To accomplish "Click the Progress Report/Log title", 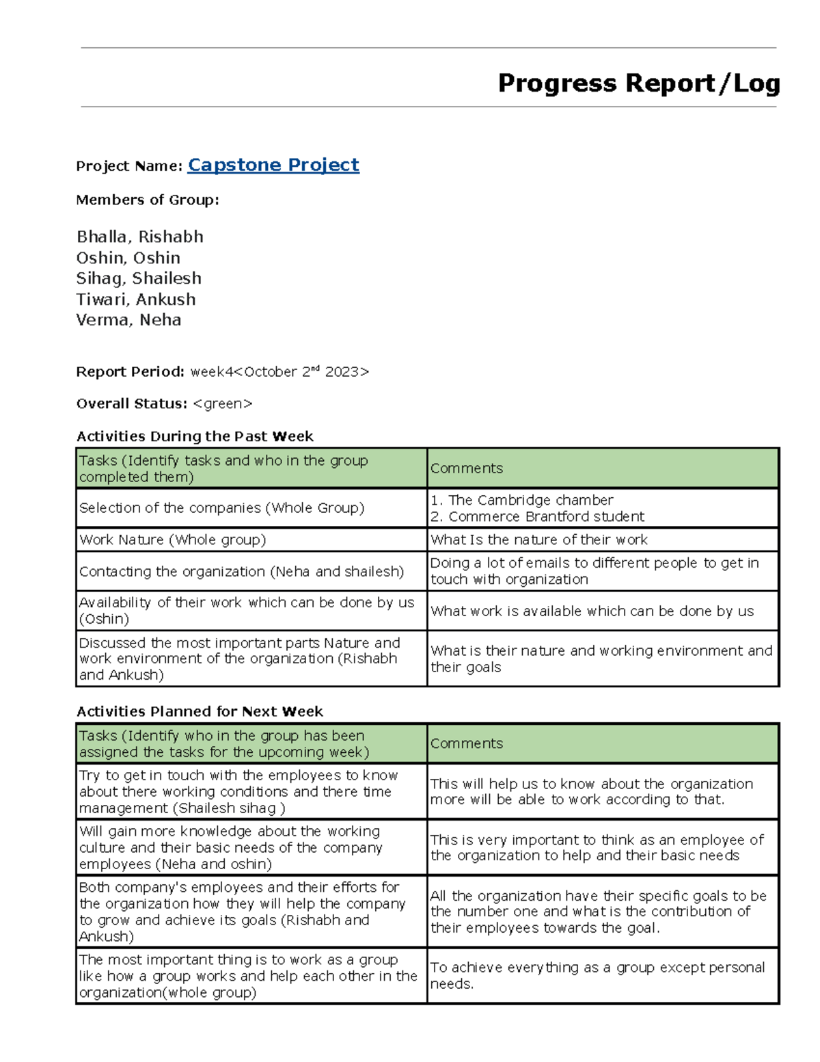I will pyautogui.click(x=639, y=83).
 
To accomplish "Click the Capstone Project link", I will pyautogui.click(x=273, y=165).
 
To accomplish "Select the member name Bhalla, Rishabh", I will pyautogui.click(x=140, y=237).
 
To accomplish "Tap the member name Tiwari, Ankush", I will pyautogui.click(x=136, y=299).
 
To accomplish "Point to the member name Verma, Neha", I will pyautogui.click(x=128, y=319).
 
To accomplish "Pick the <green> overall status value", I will pyautogui.click(x=223, y=403).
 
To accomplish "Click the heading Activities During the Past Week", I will pyautogui.click(x=195, y=436).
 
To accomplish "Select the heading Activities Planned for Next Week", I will pyautogui.click(x=200, y=711).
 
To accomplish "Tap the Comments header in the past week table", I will pyautogui.click(x=467, y=468).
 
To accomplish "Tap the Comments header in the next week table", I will pyautogui.click(x=467, y=743).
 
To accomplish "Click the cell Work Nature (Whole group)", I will pyautogui.click(x=173, y=540).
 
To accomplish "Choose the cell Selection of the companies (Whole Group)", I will pyautogui.click(x=222, y=507).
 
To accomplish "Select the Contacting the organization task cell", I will pyautogui.click(x=241, y=571).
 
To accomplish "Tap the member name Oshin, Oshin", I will pyautogui.click(x=128, y=258).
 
